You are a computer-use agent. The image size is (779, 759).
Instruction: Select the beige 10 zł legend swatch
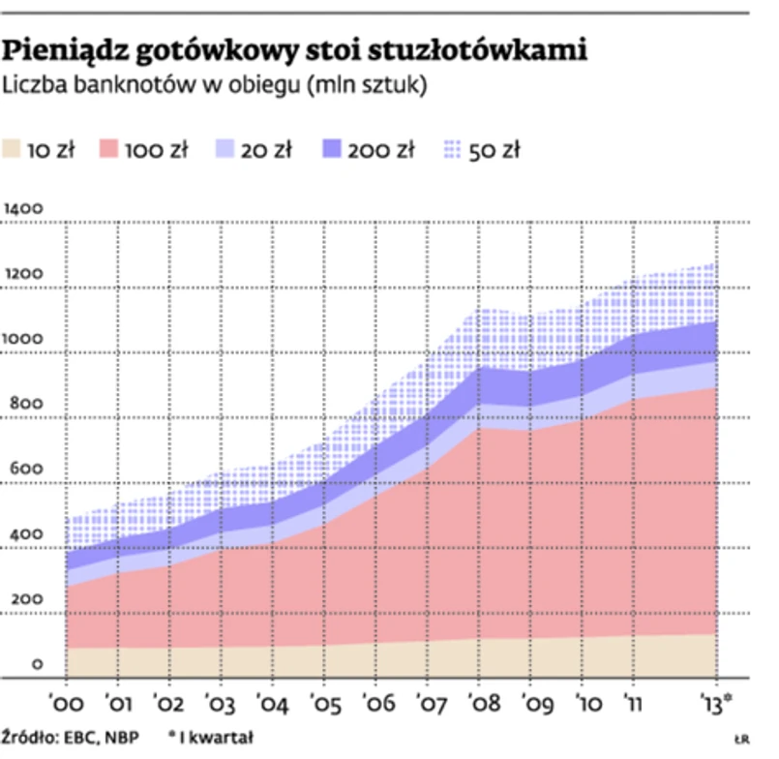pos(14,149)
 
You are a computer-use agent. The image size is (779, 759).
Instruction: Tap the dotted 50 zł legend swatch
pos(450,149)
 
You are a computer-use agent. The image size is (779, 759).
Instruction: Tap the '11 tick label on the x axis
pos(634,701)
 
